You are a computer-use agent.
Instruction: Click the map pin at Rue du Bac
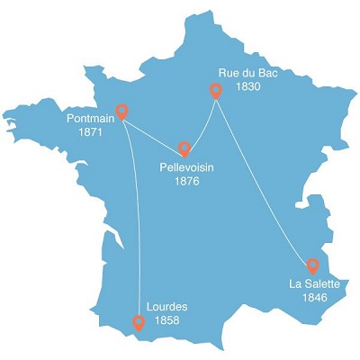point(216,90)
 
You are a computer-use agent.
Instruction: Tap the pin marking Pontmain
point(123,112)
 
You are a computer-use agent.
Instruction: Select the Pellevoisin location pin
point(184,148)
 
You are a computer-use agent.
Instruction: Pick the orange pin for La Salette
point(312,265)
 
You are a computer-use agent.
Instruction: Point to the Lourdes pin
point(138,321)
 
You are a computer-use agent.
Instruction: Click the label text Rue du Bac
point(249,73)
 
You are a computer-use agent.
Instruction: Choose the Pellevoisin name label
point(187,167)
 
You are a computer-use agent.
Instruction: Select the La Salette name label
point(314,283)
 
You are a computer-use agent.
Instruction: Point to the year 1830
point(247,87)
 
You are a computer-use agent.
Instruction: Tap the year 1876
point(187,181)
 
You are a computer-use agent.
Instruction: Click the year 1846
point(314,297)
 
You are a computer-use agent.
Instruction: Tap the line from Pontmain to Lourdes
point(135,216)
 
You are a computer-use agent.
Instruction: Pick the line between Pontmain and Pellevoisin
point(153,133)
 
